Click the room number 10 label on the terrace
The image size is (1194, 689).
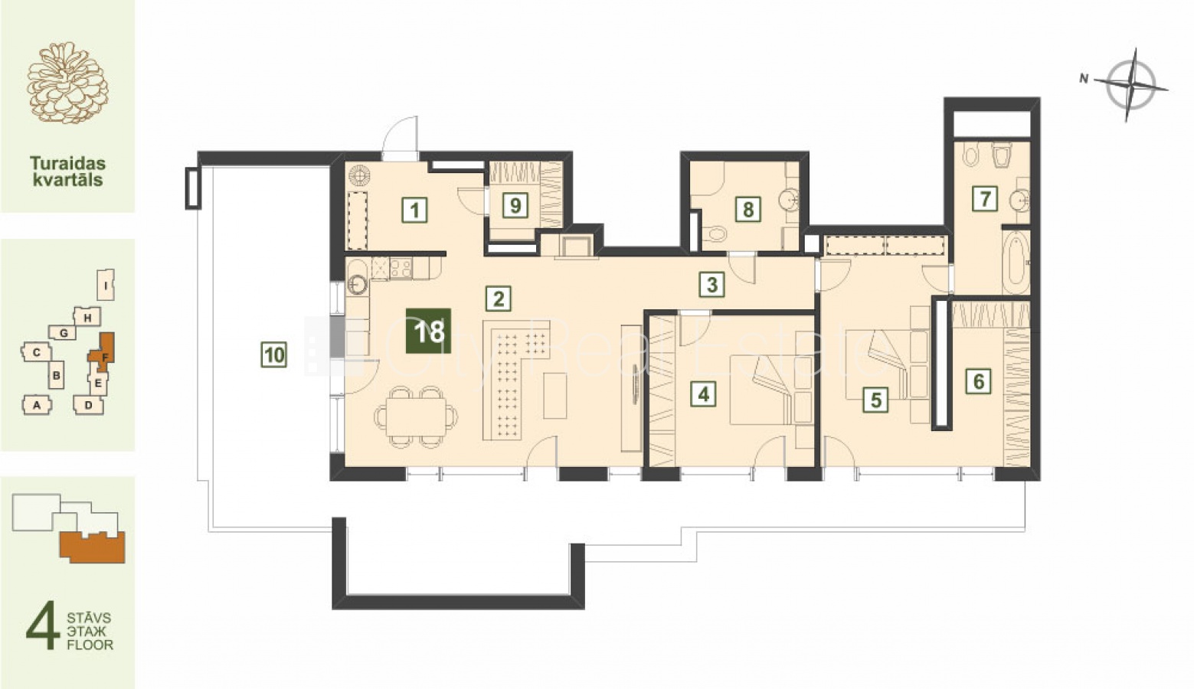point(274,355)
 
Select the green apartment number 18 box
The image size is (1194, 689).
point(429,331)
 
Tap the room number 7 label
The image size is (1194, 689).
point(984,199)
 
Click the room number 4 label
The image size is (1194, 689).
point(703,394)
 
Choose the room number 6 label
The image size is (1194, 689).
point(978,381)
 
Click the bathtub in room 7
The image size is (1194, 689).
point(1016,262)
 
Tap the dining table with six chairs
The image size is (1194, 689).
point(417,416)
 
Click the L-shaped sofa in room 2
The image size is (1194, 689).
point(516,380)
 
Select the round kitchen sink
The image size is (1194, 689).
point(357,285)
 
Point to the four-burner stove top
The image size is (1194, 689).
point(401,268)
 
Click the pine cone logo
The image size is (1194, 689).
point(67,83)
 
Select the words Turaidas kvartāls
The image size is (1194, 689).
point(67,171)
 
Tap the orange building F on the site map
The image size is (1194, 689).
point(103,351)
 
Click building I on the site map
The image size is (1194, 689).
point(106,285)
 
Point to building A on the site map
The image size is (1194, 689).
point(37,405)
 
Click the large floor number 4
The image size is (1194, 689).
point(43,625)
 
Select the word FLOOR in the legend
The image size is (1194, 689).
point(90,645)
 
